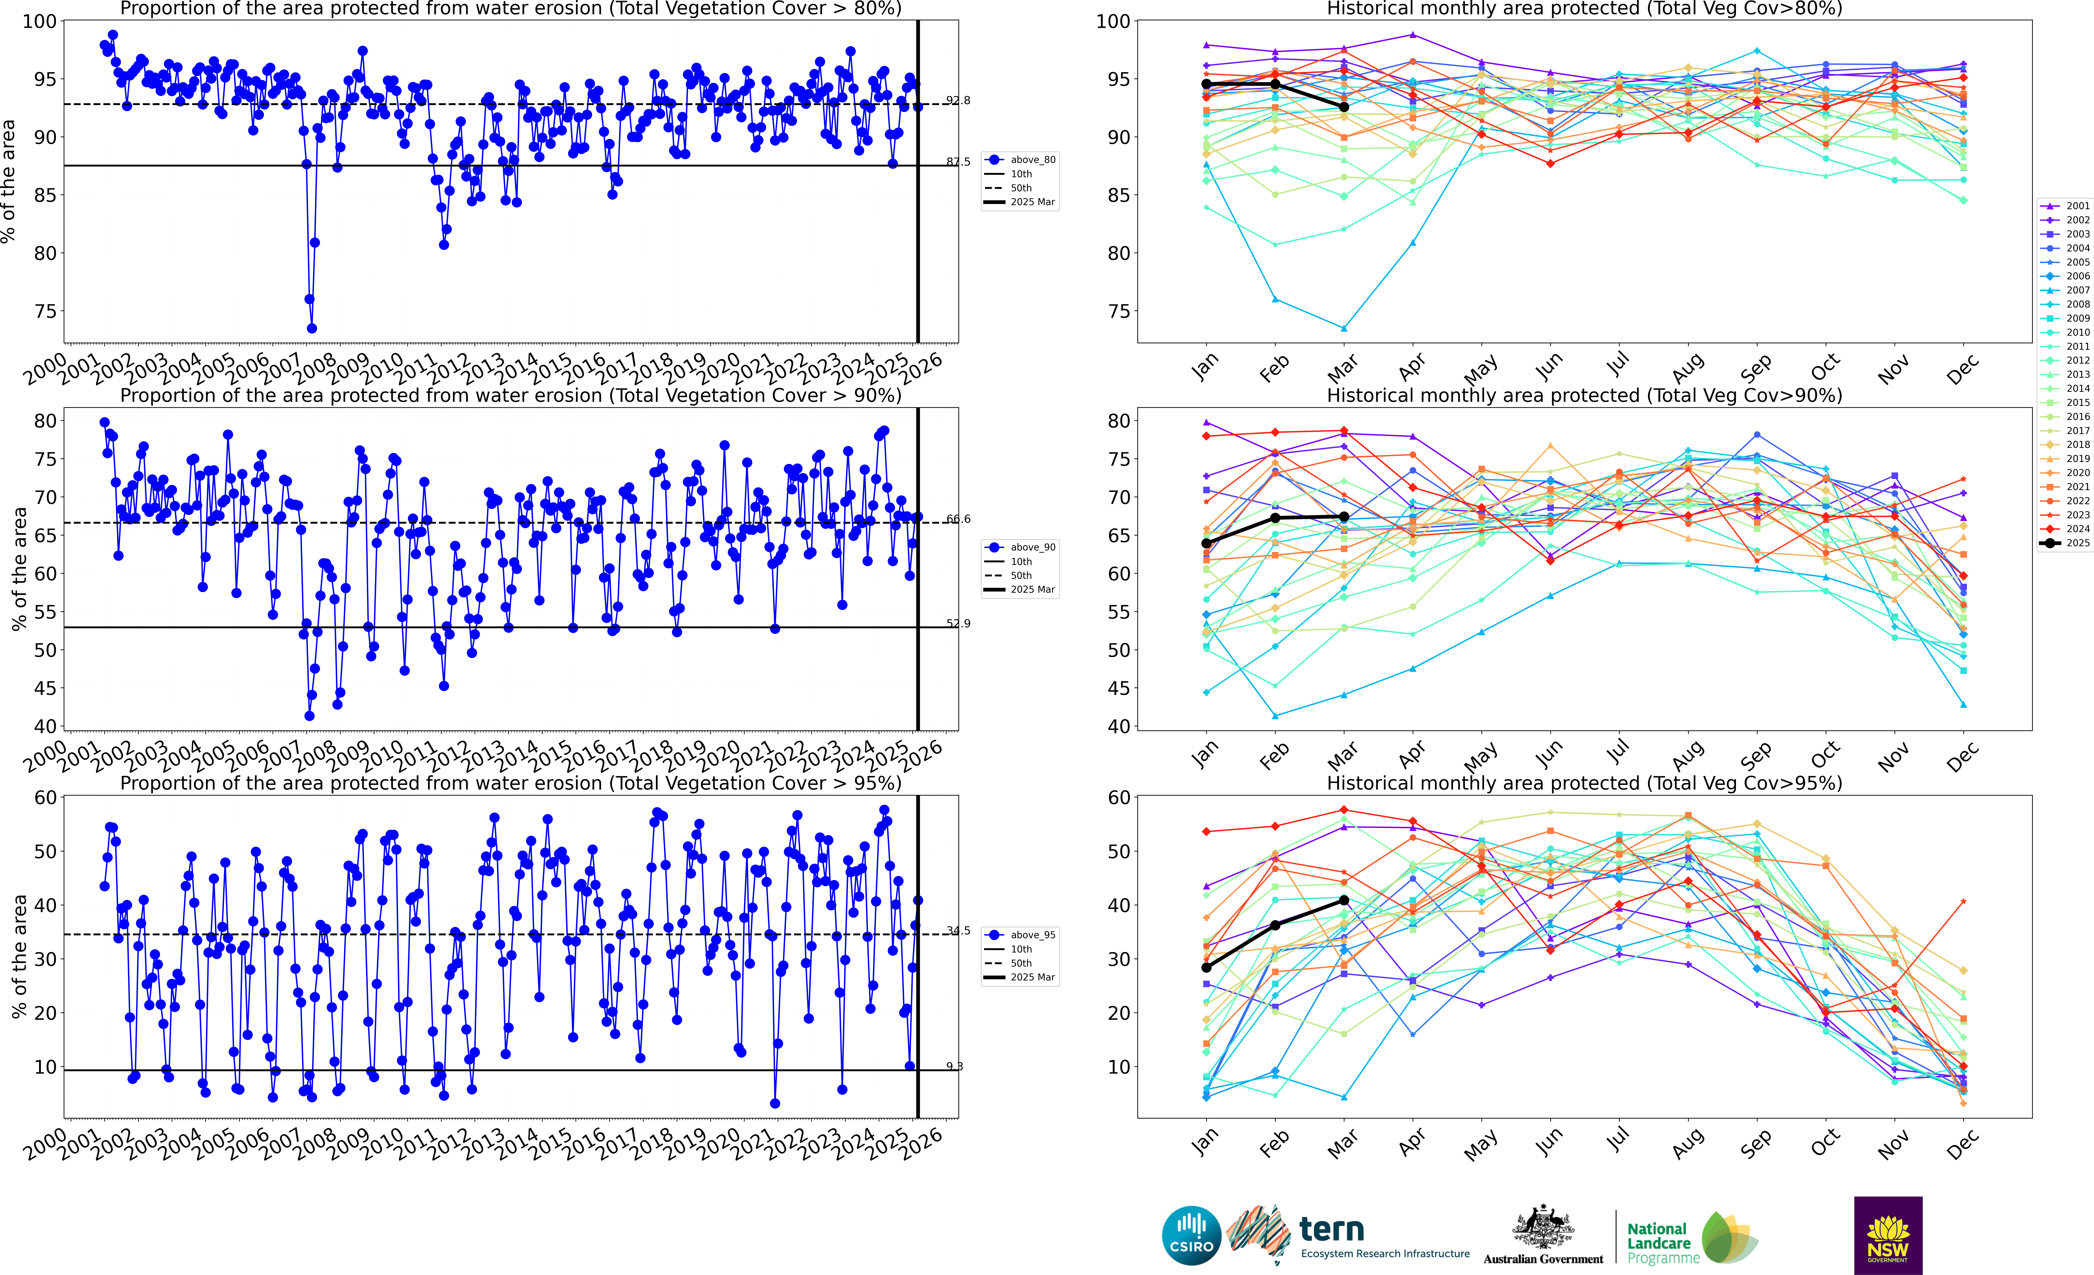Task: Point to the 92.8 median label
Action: (x=958, y=100)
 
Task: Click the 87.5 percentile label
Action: (x=958, y=162)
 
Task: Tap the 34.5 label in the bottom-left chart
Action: (x=958, y=931)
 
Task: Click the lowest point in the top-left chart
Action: (x=312, y=328)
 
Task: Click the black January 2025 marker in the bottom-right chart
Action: (x=1206, y=967)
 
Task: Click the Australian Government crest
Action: (x=1542, y=1228)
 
